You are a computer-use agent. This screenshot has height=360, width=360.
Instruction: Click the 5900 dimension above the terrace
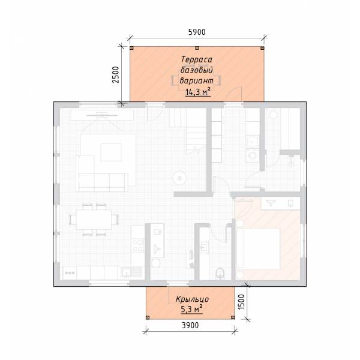197,32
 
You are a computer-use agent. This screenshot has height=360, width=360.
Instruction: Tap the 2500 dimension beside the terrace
115,74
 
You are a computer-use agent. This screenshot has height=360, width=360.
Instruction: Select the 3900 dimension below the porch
190,325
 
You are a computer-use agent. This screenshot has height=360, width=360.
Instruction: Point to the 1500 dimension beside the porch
241,302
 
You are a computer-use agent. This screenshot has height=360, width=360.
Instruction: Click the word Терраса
197,59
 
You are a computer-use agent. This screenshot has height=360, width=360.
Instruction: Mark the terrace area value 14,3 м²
198,92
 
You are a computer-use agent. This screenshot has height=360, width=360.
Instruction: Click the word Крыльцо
192,299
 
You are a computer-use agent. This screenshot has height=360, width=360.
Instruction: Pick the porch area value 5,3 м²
192,309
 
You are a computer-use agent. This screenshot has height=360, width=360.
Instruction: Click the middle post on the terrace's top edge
197,48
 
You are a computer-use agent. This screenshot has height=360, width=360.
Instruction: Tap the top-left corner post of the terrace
131,48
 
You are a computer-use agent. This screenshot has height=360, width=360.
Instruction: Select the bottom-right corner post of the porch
233,317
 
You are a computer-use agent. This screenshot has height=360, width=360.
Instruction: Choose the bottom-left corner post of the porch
148,317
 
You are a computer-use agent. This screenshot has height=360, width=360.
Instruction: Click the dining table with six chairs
94,219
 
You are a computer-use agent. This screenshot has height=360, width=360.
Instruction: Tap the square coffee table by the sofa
111,152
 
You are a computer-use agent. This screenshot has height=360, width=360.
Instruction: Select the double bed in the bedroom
258,248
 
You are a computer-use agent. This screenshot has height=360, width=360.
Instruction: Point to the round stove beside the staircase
179,178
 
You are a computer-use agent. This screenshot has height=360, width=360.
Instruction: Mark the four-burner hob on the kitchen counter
138,245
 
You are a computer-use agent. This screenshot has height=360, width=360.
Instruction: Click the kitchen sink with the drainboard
131,272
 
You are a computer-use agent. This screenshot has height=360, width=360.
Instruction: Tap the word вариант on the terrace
197,80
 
